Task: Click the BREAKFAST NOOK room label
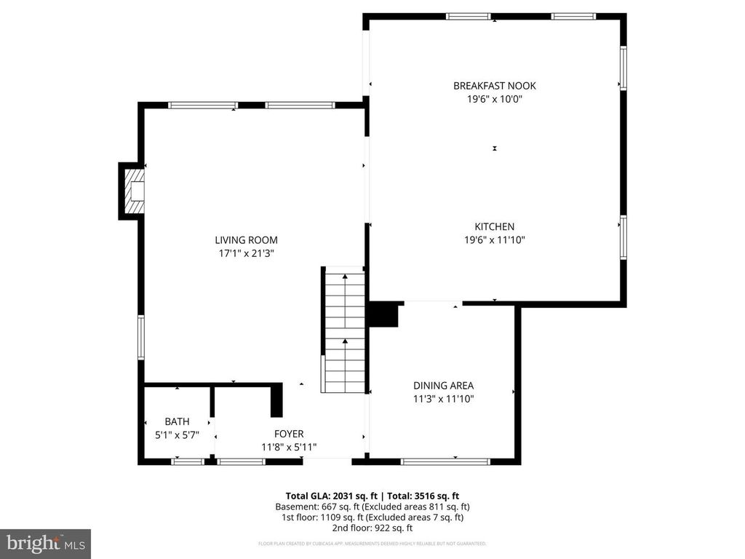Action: point(494,86)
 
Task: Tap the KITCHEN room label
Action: point(494,226)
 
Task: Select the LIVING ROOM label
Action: point(246,240)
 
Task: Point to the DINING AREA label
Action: point(443,386)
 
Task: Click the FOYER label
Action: point(289,434)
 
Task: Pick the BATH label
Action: point(177,421)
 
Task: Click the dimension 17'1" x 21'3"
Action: point(246,253)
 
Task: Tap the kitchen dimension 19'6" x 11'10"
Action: point(494,239)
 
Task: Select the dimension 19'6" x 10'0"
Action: point(494,100)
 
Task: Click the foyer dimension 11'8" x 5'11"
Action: point(289,447)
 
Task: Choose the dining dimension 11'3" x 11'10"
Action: point(443,399)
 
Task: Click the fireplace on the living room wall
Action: point(132,191)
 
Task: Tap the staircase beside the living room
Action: point(344,331)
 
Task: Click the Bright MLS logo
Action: point(45,543)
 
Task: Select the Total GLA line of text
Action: point(372,496)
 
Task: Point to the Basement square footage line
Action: point(372,507)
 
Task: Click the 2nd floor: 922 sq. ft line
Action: point(372,528)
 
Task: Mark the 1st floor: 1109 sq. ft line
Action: point(372,518)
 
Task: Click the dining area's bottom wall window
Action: point(445,461)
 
